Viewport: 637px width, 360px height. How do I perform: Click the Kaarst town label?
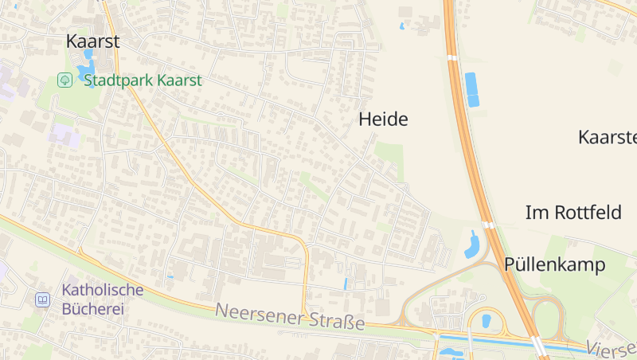[x=92, y=41]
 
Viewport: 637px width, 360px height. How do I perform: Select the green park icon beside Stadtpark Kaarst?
[x=64, y=80]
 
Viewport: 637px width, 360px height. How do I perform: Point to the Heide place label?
[x=383, y=119]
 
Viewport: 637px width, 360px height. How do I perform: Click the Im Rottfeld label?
[x=573, y=213]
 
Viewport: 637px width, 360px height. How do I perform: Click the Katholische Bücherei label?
[x=103, y=299]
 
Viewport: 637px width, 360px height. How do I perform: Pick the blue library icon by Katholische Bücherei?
[x=42, y=300]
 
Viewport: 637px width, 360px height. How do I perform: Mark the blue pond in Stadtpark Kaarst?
[x=86, y=72]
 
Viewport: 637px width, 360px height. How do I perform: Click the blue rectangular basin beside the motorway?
[x=472, y=89]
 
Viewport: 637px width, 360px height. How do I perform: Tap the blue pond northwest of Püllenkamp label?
[x=472, y=247]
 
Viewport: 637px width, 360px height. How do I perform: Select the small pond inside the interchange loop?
[x=486, y=321]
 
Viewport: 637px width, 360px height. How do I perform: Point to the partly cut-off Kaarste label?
[x=608, y=136]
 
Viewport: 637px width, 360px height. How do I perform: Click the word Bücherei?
[x=94, y=308]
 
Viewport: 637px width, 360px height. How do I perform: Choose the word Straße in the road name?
[x=338, y=323]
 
